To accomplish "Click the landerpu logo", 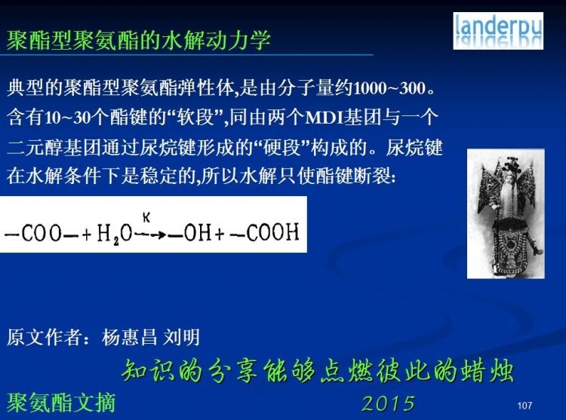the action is point(498,31).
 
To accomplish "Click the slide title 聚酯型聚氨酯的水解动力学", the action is point(139,40).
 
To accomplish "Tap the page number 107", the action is point(524,406).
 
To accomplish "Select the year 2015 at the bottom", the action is point(389,403).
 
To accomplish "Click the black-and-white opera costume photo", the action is point(506,213).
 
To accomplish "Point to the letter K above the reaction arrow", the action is point(146,217).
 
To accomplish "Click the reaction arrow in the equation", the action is point(150,235).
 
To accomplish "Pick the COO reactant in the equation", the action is point(42,233).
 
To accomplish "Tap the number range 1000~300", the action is point(389,88).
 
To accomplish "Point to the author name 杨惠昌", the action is point(130,337).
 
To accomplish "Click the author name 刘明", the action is point(182,337).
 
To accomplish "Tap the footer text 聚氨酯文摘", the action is point(61,403).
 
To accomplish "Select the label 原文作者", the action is point(44,337).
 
